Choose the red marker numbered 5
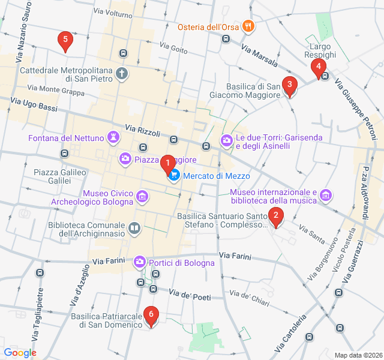click(65, 41)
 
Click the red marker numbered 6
click(151, 315)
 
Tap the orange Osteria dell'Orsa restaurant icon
click(248, 26)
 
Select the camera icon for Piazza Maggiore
click(125, 159)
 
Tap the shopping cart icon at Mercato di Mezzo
click(174, 176)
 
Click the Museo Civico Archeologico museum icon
click(142, 196)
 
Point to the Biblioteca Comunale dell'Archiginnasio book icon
click(135, 228)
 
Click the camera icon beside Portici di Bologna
click(139, 262)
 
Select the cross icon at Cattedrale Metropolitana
click(122, 74)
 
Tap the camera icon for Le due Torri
click(227, 140)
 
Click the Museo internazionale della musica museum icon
click(326, 195)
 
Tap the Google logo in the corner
click(20, 352)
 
